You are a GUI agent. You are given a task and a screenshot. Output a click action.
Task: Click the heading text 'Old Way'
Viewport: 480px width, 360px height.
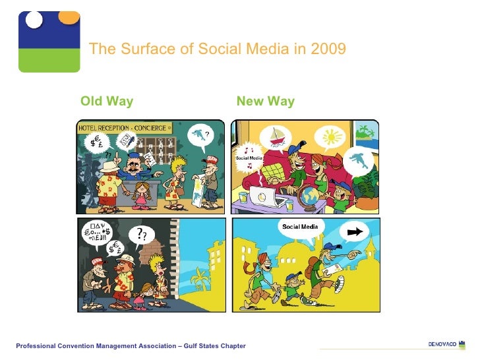pos(107,101)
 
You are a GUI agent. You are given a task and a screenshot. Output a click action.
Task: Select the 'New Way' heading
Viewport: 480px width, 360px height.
pos(265,101)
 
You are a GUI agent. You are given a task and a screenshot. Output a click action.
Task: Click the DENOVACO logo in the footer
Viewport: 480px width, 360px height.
pos(446,344)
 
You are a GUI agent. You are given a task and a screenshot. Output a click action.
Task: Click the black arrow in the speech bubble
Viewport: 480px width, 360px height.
pos(356,232)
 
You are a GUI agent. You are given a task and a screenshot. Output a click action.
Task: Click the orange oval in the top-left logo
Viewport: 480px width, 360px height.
pos(69,16)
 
